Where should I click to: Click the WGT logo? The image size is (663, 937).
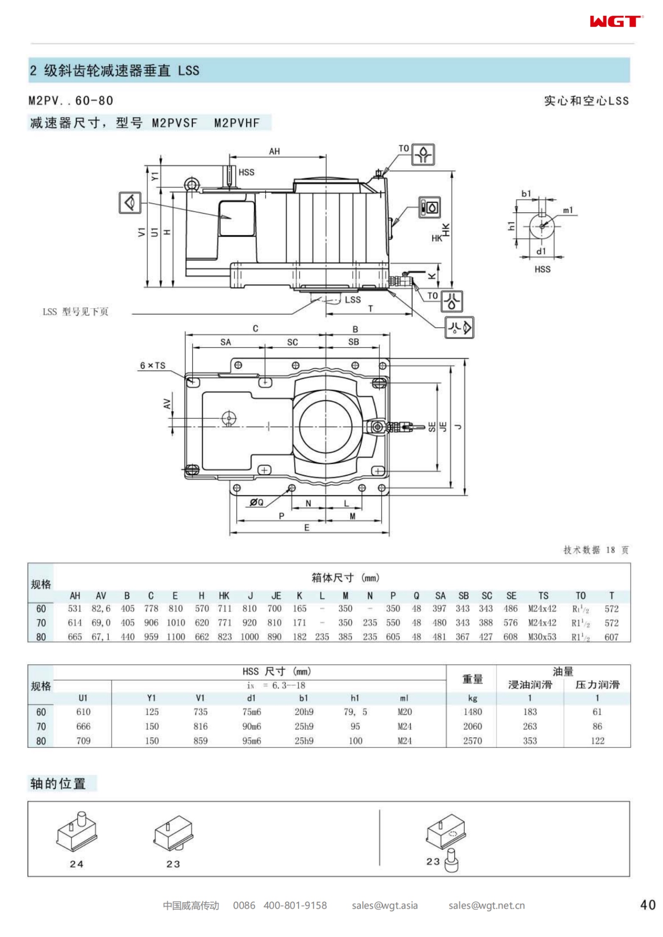point(616,21)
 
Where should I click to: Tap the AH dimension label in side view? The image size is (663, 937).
point(274,151)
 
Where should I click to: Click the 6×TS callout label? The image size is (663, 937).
point(153,366)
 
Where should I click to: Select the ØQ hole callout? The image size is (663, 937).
point(256,502)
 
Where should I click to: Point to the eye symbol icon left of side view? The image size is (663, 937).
point(130,202)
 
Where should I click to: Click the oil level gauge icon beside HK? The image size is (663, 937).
point(429,208)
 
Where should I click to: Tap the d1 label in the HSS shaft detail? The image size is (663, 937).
point(541,251)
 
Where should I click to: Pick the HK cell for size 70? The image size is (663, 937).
point(224,623)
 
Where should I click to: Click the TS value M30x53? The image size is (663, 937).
point(542,637)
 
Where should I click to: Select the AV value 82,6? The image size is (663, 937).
point(101,609)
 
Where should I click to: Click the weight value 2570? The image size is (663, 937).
point(472,741)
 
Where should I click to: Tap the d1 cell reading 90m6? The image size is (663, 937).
point(251,726)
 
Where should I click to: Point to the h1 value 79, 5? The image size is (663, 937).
point(355,712)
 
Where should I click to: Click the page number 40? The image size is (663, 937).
point(647,905)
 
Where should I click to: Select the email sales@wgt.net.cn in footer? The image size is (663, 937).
point(486,906)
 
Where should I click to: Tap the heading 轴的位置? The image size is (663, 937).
point(58,783)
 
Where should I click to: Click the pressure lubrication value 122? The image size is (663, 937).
point(597,741)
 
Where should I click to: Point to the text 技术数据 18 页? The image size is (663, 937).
point(596,550)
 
